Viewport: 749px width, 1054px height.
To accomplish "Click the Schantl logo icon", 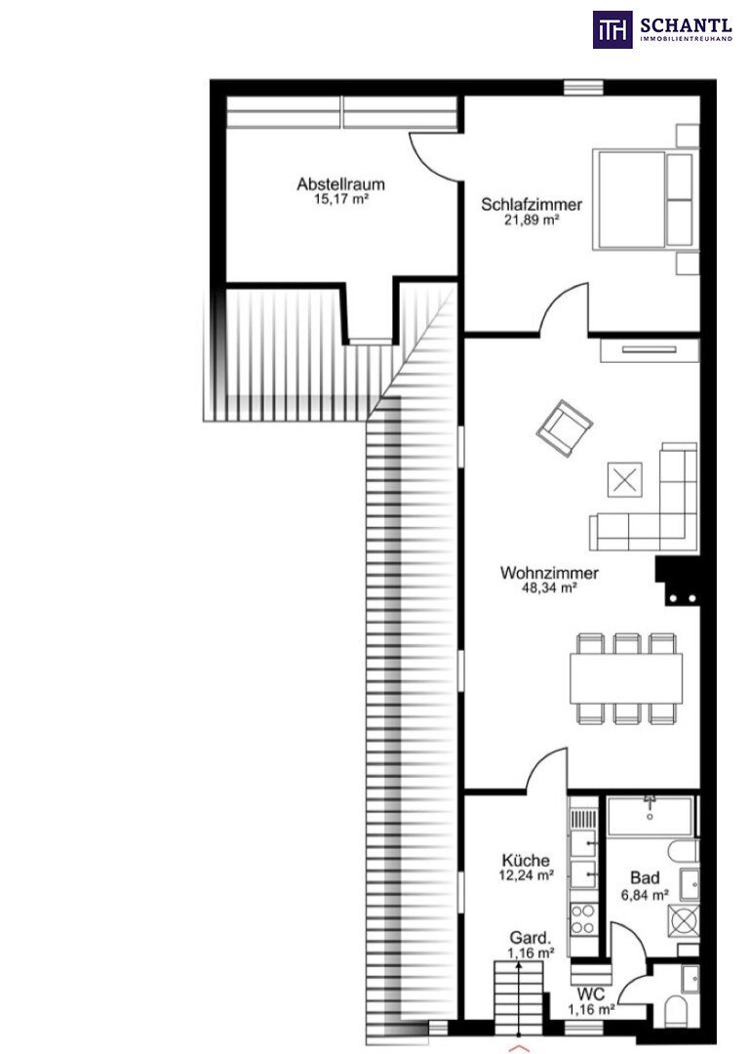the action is pyautogui.click(x=611, y=29).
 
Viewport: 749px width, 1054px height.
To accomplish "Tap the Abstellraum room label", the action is pyautogui.click(x=340, y=183).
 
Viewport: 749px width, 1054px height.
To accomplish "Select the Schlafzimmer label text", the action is pyautogui.click(x=532, y=204).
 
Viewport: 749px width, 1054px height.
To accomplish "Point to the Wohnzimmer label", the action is pyautogui.click(x=549, y=573).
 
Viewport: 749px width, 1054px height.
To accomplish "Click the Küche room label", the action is pyautogui.click(x=526, y=861).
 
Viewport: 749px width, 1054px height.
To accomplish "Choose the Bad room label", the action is pyautogui.click(x=645, y=878).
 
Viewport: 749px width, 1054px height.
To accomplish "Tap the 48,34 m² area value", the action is pyautogui.click(x=549, y=588).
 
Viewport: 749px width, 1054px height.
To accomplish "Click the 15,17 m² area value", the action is pyautogui.click(x=341, y=199).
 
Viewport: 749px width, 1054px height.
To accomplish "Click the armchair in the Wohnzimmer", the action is pyautogui.click(x=565, y=428).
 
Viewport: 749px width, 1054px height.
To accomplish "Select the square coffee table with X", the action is pyautogui.click(x=625, y=480).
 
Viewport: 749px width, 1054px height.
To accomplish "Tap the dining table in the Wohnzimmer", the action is pyautogui.click(x=626, y=678).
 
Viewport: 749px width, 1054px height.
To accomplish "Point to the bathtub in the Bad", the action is pyautogui.click(x=650, y=816).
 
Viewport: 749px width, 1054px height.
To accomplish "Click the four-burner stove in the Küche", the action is pyautogui.click(x=582, y=919).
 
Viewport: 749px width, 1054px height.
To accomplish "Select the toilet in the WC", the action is pyautogui.click(x=675, y=1009).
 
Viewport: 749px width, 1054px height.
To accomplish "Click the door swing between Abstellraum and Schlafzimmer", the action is pyautogui.click(x=435, y=157).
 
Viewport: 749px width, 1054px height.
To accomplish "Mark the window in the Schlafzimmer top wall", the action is pyautogui.click(x=583, y=88).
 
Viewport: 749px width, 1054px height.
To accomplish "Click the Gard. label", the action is pyautogui.click(x=531, y=938).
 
